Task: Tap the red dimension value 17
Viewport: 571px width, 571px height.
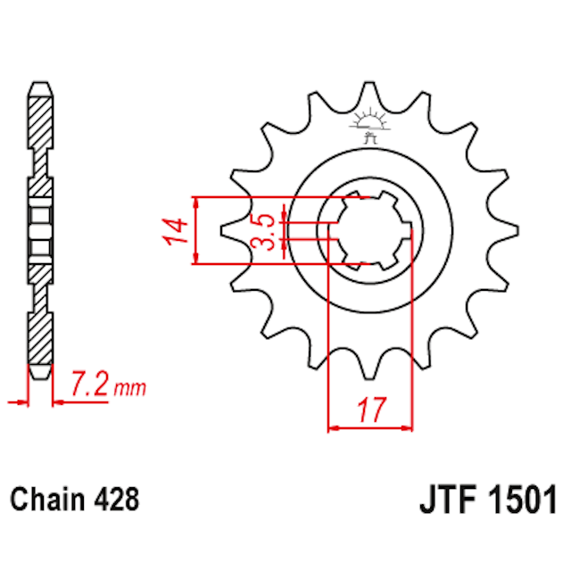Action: (x=372, y=411)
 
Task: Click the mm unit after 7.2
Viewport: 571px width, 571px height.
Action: (x=130, y=389)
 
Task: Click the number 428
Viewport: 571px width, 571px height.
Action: (x=117, y=500)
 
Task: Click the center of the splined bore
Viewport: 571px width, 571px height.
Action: (x=368, y=229)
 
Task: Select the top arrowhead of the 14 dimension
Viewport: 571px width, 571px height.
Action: (x=194, y=200)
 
